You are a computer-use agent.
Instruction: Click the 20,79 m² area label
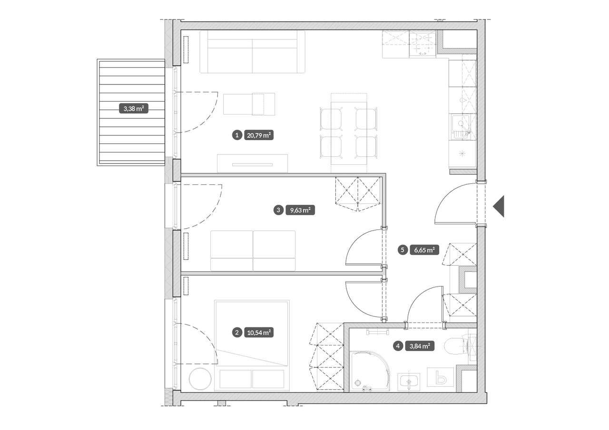tap(259, 135)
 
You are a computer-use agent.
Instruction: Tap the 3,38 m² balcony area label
tap(134, 109)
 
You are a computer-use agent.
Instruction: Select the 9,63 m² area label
tap(300, 210)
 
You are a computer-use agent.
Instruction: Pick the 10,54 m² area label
tap(259, 333)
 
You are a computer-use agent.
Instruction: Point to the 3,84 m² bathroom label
tap(420, 346)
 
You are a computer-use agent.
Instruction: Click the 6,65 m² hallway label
tap(424, 250)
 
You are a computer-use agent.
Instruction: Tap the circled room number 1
tap(237, 135)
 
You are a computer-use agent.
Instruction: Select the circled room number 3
tap(278, 210)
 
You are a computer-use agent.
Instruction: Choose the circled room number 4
tap(398, 346)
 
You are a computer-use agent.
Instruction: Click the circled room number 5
tap(403, 250)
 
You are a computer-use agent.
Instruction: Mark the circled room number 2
tap(237, 333)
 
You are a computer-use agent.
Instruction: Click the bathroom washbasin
tap(409, 382)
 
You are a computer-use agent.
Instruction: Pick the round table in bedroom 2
tap(200, 379)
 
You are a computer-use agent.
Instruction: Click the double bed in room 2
tap(252, 346)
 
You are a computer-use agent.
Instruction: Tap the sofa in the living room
tap(252, 52)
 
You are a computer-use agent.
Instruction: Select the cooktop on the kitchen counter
tap(422, 44)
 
